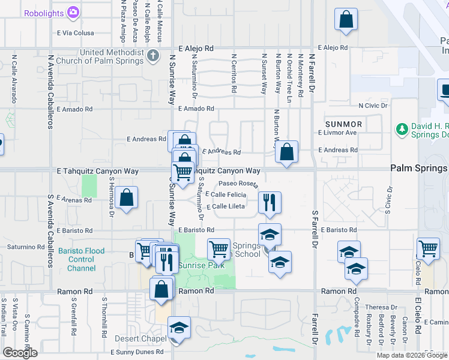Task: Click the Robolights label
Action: tap(44, 11)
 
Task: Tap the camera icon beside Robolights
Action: tap(73, 11)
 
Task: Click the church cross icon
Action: tap(153, 56)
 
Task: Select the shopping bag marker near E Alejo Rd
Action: tap(346, 20)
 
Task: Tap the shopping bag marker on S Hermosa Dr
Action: tap(127, 198)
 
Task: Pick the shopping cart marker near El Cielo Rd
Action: tap(429, 248)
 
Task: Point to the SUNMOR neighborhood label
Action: tap(343, 124)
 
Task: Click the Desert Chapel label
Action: tap(140, 338)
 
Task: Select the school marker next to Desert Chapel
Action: tap(179, 329)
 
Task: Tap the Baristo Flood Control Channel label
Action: tap(81, 260)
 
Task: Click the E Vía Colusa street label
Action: tap(76, 34)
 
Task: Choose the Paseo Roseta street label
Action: tap(238, 184)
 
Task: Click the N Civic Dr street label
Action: tap(373, 106)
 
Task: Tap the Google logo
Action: tap(20, 353)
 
